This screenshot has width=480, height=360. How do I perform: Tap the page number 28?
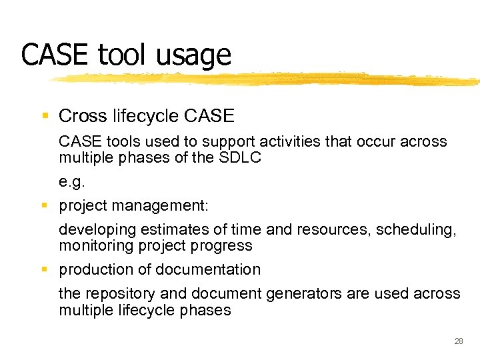tap(458, 341)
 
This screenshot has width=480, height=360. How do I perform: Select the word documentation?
tap(207, 269)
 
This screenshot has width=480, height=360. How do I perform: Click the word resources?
tap(337, 230)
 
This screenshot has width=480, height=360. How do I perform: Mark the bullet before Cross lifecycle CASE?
tap(45, 116)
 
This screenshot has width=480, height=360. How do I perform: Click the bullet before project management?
tap(45, 206)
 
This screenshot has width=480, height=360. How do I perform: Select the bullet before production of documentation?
tap(45, 269)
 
